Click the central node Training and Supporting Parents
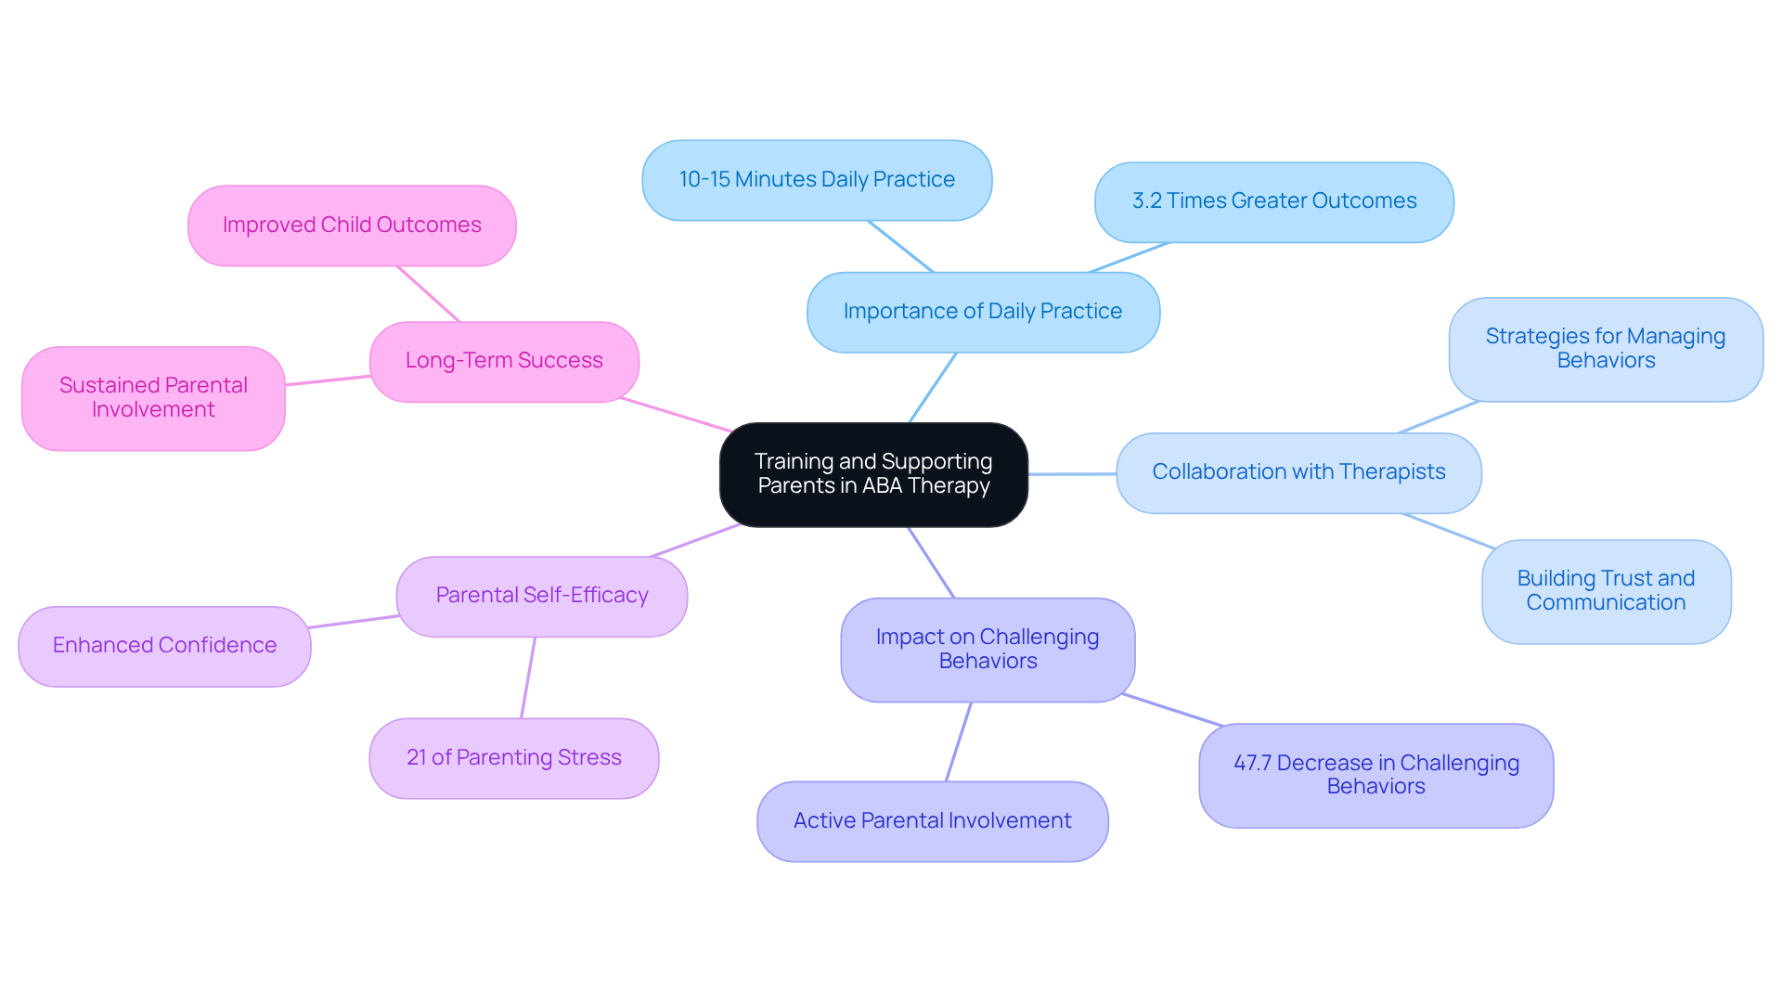873,474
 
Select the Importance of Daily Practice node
983,312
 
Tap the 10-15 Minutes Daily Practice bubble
817,180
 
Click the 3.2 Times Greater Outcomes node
1273,201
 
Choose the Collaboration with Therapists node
1298,472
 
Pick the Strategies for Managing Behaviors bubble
1606,349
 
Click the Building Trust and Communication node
1606,591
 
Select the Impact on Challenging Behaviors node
988,650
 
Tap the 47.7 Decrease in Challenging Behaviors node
1375,775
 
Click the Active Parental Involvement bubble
932,821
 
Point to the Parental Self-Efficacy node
542,596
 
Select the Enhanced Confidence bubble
164,646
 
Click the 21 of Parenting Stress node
513,758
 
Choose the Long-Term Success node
504,361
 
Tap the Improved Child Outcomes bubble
352,225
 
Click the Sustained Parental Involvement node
153,398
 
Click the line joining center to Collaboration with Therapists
1072,474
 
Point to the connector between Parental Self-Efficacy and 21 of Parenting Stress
528,677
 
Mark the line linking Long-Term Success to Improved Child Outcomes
428,293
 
